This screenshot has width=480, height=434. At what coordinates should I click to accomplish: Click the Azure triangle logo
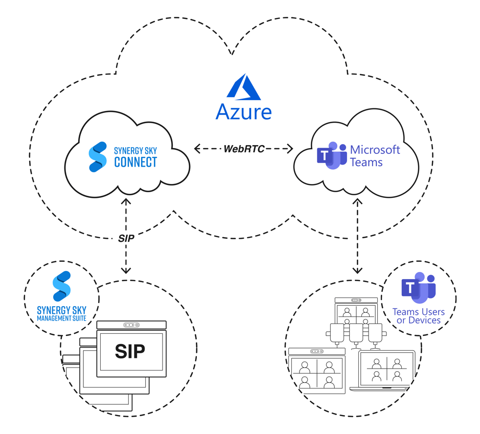[x=244, y=87]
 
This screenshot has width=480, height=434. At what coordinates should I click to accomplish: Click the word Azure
[x=243, y=111]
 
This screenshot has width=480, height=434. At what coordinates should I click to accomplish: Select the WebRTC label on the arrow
[x=244, y=149]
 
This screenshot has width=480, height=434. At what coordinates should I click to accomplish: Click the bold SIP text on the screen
[x=130, y=351]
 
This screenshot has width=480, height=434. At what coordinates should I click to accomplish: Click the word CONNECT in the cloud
[x=135, y=163]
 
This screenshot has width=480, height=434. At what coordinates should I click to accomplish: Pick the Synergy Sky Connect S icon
[x=98, y=156]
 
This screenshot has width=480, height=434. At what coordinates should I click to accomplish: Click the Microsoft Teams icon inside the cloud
[x=332, y=155]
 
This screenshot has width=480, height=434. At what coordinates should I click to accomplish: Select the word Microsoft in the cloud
[x=375, y=150]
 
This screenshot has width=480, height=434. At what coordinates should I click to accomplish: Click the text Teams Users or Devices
[x=418, y=316]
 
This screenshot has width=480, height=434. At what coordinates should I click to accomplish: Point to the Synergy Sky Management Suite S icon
[x=61, y=286]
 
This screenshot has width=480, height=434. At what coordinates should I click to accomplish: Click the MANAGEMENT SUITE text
[x=61, y=318]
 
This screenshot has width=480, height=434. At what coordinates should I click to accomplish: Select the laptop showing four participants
[x=386, y=371]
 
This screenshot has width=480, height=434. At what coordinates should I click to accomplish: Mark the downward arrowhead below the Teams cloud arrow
[x=357, y=269]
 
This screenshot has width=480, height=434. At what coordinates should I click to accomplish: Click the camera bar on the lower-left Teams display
[x=316, y=351]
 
